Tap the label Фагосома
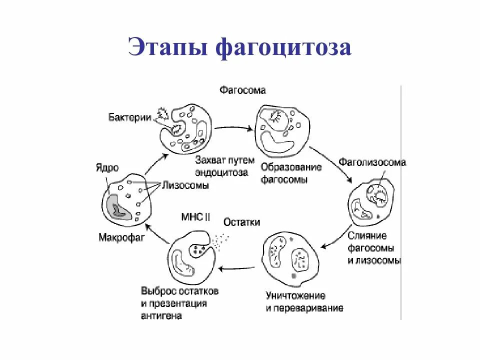(x=242, y=90)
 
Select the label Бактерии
(x=130, y=117)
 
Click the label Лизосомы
(x=185, y=185)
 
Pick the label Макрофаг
(x=120, y=237)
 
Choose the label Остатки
(x=242, y=222)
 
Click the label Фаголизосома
(x=372, y=162)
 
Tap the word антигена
(x=161, y=316)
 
